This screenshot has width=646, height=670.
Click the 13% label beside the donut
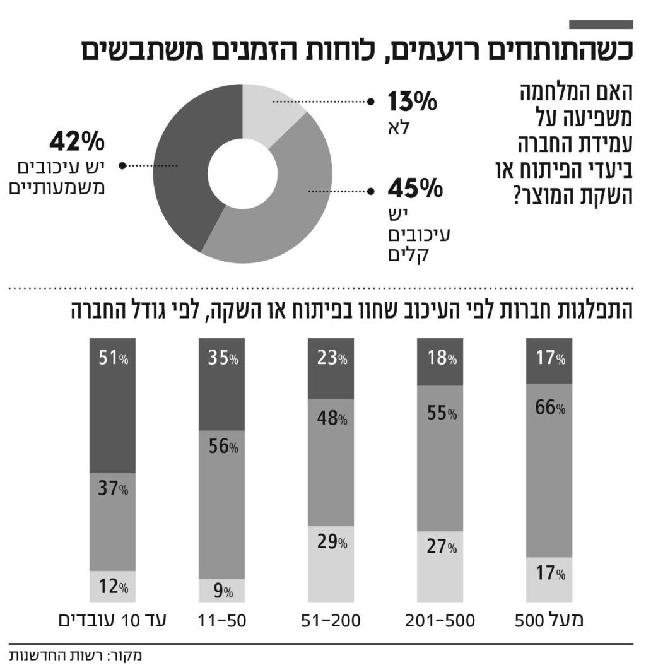pyautogui.click(x=411, y=102)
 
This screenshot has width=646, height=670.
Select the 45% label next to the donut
pyautogui.click(x=411, y=189)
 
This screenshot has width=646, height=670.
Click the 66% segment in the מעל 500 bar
pyautogui.click(x=549, y=470)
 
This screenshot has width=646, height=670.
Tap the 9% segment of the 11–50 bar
pyautogui.click(x=221, y=591)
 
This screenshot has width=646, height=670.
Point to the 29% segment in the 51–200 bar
pyautogui.click(x=331, y=564)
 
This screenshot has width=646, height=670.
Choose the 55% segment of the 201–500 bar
pyautogui.click(x=440, y=457)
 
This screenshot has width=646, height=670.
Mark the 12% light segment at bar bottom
pyautogui.click(x=113, y=587)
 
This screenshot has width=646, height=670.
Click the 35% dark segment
pyautogui.click(x=221, y=384)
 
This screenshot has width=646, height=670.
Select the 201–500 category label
pyautogui.click(x=440, y=620)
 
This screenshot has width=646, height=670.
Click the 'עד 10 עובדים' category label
pyautogui.click(x=112, y=620)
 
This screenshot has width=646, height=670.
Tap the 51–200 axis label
pyautogui.click(x=331, y=620)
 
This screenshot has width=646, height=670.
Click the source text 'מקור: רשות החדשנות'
pyautogui.click(x=76, y=655)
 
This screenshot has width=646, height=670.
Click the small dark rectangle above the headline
pyautogui.click(x=601, y=25)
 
